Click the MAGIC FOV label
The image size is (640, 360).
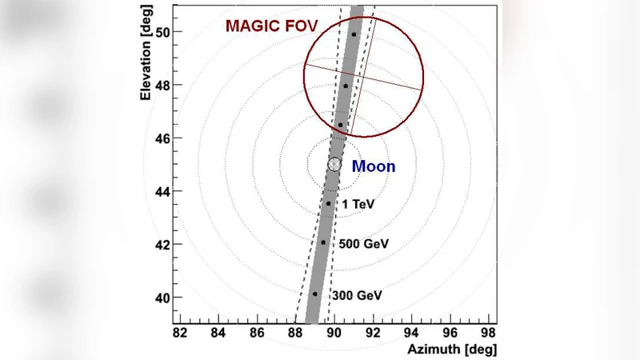pyautogui.click(x=272, y=26)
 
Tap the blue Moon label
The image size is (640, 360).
pyautogui.click(x=374, y=166)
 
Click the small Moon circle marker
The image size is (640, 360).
pyautogui.click(x=334, y=164)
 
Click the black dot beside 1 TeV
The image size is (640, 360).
pyautogui.click(x=328, y=203)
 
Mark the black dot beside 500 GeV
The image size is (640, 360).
pyautogui.click(x=323, y=242)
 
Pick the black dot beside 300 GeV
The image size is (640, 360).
pyautogui.click(x=315, y=294)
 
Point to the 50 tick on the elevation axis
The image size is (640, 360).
pyautogui.click(x=163, y=32)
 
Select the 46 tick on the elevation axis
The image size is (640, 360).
pyautogui.click(x=163, y=138)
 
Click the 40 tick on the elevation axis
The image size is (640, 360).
pyautogui.click(x=163, y=298)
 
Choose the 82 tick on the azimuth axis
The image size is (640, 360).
pyautogui.click(x=180, y=331)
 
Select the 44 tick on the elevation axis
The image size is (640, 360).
pyautogui.click(x=163, y=191)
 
